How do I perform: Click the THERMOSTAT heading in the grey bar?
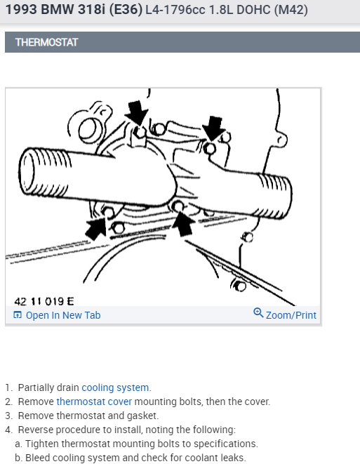46,42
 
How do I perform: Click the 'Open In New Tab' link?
63,315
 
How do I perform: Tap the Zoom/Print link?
291,315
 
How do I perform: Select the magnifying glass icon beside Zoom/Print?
258,312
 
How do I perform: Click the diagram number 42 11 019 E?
44,301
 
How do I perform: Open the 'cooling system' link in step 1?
115,387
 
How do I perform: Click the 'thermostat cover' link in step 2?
94,402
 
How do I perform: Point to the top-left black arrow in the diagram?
136,112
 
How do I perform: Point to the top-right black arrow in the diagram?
214,128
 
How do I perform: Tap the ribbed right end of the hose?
275,196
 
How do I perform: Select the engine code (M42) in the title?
291,10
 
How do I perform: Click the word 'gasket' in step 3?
142,416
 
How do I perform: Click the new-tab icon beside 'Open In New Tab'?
18,314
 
